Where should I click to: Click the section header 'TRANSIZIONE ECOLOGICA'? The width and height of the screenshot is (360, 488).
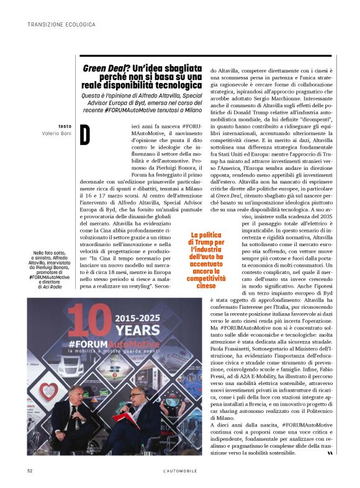(x=61, y=24)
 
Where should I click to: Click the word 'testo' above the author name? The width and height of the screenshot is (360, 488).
(x=65, y=126)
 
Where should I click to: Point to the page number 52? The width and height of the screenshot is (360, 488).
(x=30, y=471)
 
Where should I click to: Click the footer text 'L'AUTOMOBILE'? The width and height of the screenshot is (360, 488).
(x=179, y=471)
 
